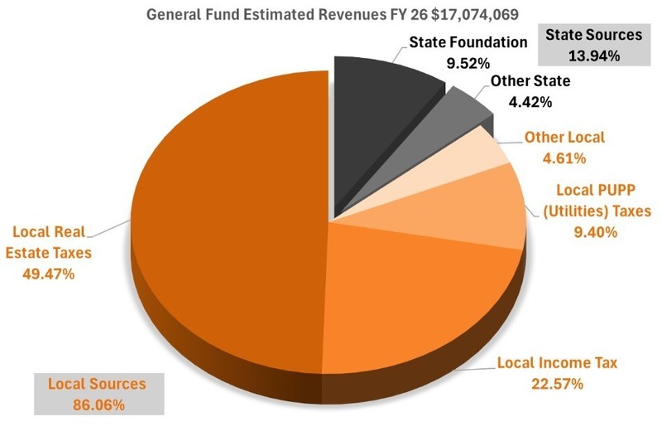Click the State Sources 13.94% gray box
593,45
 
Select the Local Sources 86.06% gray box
97,394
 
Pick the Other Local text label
565,138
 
